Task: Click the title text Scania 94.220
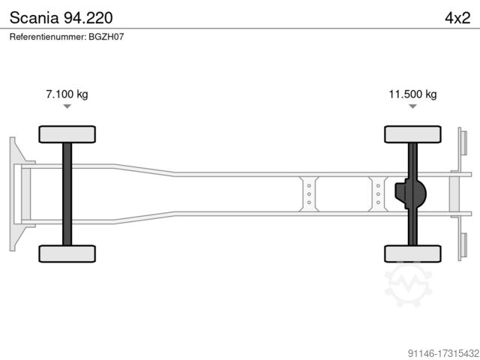click(61, 18)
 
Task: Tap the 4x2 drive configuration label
click(457, 18)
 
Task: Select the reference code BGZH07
click(106, 37)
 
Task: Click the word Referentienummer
click(48, 37)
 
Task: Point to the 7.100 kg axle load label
click(67, 94)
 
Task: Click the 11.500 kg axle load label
click(412, 94)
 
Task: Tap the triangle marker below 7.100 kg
click(67, 106)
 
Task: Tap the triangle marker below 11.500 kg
click(412, 106)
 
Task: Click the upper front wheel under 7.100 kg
click(67, 134)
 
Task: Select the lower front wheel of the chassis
click(67, 253)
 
